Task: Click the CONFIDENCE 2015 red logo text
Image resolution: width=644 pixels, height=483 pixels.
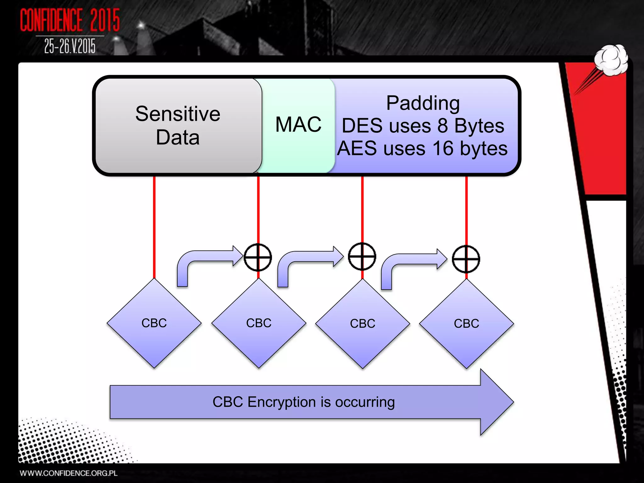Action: [x=70, y=20]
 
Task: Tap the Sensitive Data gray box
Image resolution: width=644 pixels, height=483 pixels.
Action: [x=178, y=125]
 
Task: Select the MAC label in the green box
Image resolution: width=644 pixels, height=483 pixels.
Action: [x=298, y=125]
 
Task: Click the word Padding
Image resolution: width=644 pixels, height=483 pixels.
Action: [x=423, y=103]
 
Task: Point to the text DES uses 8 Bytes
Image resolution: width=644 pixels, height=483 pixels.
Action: [x=423, y=126]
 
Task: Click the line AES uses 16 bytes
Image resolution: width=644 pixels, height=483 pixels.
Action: [x=422, y=148]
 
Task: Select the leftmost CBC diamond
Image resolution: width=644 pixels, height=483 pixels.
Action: [x=154, y=323]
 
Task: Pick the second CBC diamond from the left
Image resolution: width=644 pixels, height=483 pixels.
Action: [x=258, y=323]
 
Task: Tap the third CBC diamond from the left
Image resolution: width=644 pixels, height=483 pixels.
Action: [x=363, y=324]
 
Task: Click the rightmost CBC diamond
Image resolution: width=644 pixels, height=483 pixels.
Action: [x=466, y=324]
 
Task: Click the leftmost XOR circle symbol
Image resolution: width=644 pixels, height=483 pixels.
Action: [x=258, y=257]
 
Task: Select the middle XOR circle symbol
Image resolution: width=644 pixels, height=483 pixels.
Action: [x=362, y=257]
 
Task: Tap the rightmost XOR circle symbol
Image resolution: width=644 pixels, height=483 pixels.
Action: [x=466, y=259]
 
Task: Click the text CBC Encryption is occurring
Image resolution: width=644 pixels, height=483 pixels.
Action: [x=303, y=402]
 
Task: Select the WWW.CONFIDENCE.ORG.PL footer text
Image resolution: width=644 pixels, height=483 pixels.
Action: [x=69, y=473]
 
